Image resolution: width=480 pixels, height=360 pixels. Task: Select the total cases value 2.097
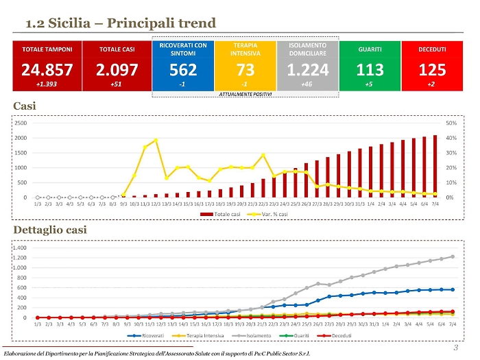[116, 69]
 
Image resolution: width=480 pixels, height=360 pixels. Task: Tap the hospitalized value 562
[182, 69]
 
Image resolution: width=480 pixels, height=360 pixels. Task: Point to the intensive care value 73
[245, 69]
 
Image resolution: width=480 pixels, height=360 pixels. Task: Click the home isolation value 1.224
[307, 69]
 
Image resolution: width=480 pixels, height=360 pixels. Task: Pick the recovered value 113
[370, 69]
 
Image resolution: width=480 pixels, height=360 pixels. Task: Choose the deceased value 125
[432, 69]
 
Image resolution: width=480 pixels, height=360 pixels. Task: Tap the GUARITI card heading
[370, 49]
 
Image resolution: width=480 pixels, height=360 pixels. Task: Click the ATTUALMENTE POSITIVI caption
[245, 93]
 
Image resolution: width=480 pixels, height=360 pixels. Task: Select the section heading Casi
[25, 106]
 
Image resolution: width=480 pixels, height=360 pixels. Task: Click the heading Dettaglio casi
[50, 230]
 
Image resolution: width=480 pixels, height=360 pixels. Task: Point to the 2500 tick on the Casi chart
[21, 123]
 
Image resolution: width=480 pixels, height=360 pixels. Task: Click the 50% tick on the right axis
[452, 123]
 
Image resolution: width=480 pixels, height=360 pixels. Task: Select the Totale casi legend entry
[219, 215]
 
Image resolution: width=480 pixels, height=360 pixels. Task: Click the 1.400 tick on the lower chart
[19, 248]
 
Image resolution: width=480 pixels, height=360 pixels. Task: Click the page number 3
[455, 347]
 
